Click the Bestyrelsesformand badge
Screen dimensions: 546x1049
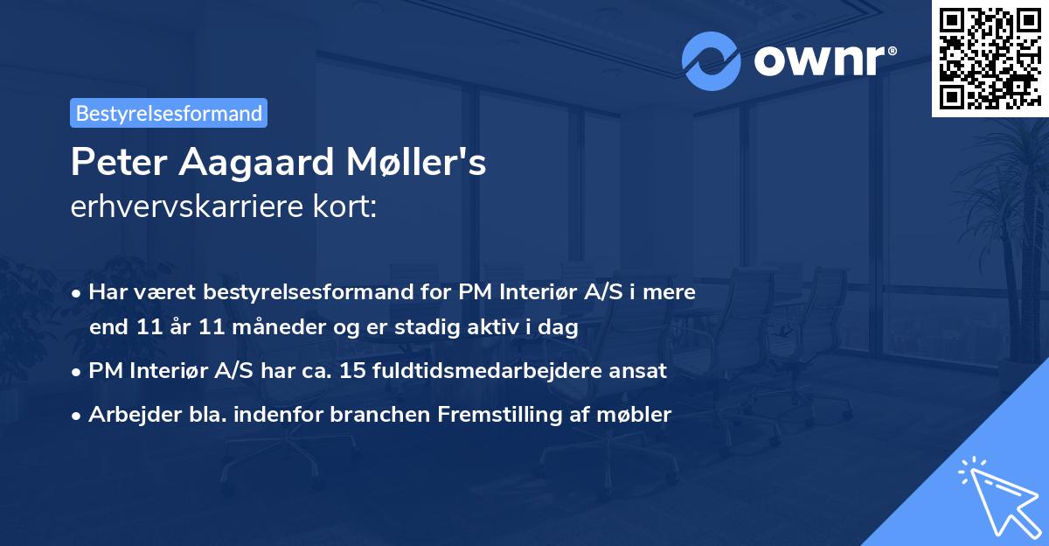click(x=169, y=113)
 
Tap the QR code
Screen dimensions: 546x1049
click(x=990, y=58)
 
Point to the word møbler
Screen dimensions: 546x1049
click(x=635, y=415)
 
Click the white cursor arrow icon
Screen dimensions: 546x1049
click(x=997, y=494)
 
